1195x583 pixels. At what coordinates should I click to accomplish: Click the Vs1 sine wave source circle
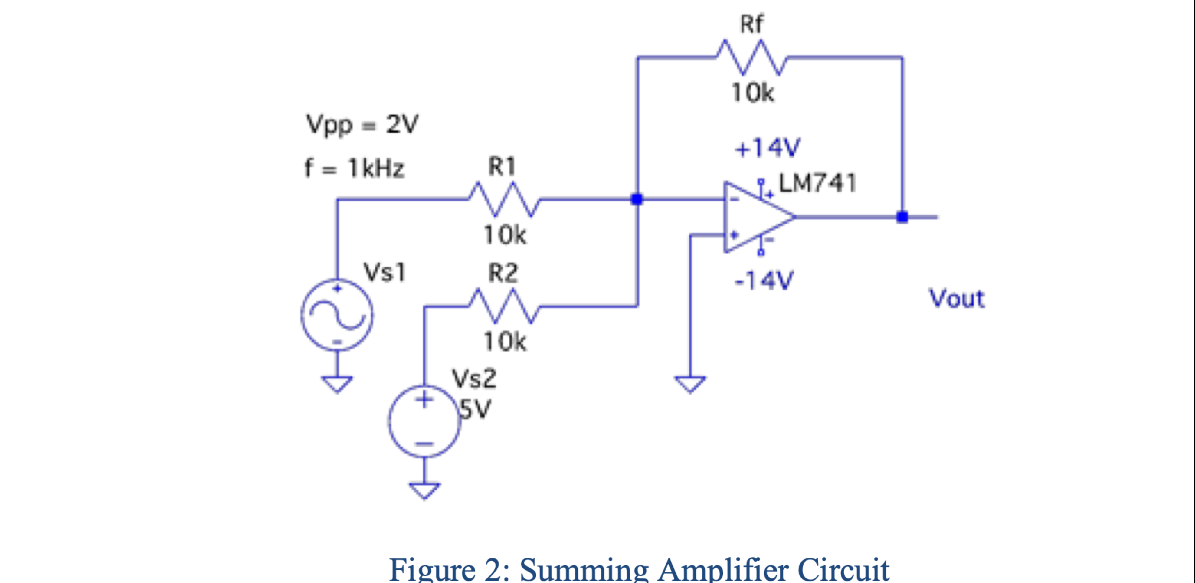pos(337,315)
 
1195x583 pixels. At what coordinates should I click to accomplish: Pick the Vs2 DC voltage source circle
pos(424,421)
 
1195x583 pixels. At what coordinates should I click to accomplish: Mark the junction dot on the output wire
pos(902,217)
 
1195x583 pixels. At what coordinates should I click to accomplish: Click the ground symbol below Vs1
pos(337,384)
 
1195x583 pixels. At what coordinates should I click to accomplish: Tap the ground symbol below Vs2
pos(424,490)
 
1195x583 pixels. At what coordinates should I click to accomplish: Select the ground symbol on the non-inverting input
pos(690,384)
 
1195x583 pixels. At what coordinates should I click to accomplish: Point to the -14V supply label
pos(764,280)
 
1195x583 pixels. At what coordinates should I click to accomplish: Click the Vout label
pos(957,298)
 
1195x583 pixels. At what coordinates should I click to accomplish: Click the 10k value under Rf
pos(752,93)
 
